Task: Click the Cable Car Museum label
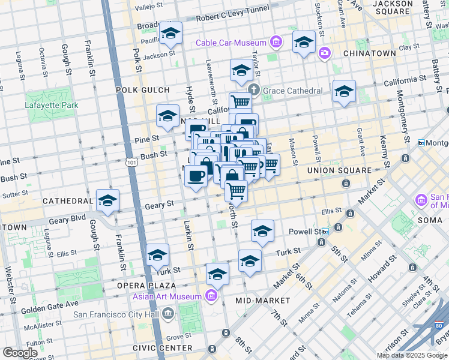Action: pos(231,43)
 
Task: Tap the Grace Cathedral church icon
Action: pos(253,91)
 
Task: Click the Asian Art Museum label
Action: pos(169,296)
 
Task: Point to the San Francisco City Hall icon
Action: pos(167,313)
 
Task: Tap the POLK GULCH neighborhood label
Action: pos(143,90)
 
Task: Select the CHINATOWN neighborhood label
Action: pos(369,53)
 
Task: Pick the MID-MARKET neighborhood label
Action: pos(262,300)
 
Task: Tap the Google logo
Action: pos(20,353)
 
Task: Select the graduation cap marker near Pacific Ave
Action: pos(170,34)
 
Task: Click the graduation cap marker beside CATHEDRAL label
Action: pos(107,201)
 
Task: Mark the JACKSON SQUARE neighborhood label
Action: pos(393,8)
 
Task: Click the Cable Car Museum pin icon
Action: pos(276,42)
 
